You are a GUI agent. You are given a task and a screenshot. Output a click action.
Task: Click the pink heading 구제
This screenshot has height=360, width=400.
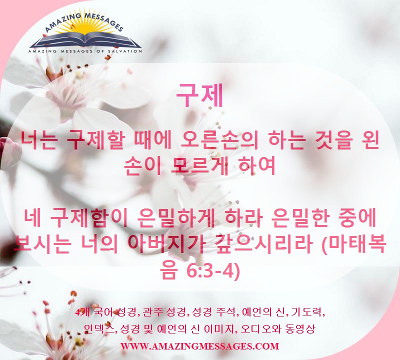[x=199, y=95]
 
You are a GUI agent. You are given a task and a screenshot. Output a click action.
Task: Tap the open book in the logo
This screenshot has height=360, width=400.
[x=85, y=40]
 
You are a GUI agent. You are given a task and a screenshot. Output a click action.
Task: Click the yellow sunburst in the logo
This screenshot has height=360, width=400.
[x=85, y=27]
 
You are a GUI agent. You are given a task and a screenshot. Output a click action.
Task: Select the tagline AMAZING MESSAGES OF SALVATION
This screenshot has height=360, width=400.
[x=85, y=51]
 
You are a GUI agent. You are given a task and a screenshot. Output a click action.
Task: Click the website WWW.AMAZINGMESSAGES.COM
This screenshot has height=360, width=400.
[x=199, y=346]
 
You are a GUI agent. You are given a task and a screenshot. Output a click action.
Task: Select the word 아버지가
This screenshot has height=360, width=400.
[x=166, y=243]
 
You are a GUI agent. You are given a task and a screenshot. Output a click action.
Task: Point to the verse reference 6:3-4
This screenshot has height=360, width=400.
[x=213, y=271]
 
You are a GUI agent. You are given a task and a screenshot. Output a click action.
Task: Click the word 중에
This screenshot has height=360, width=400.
[x=356, y=218]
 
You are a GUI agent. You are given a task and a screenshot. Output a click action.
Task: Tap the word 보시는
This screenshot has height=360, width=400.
[x=42, y=243]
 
